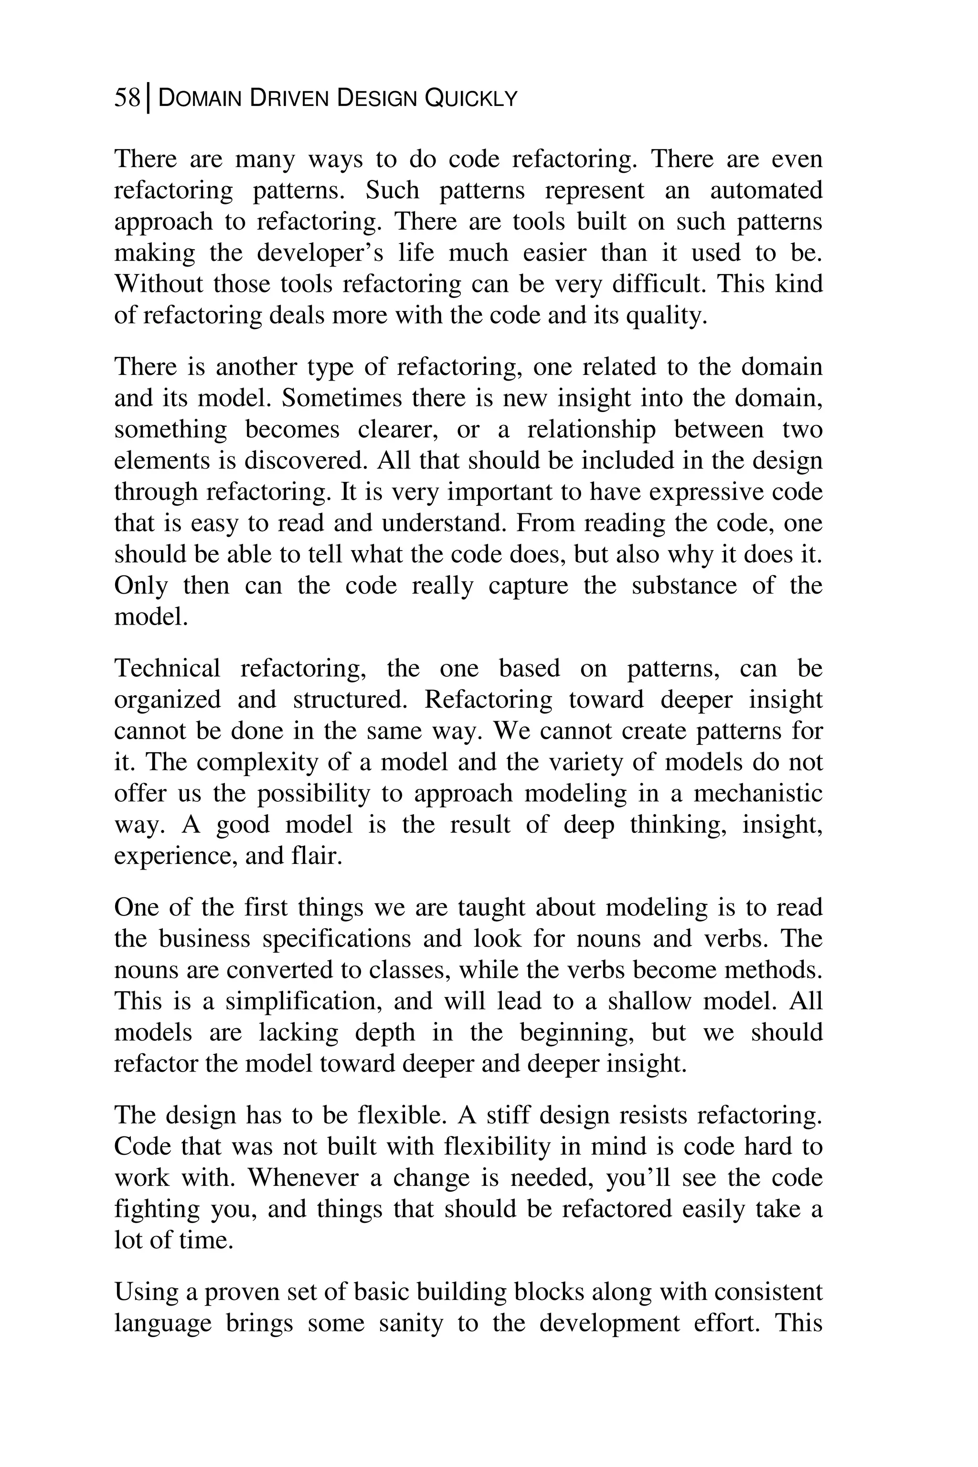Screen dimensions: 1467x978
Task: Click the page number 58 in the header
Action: coord(127,98)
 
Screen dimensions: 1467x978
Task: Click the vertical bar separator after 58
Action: coord(148,98)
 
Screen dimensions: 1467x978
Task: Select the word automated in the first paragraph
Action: coord(766,190)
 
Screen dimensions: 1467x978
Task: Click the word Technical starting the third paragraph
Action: coord(167,668)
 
